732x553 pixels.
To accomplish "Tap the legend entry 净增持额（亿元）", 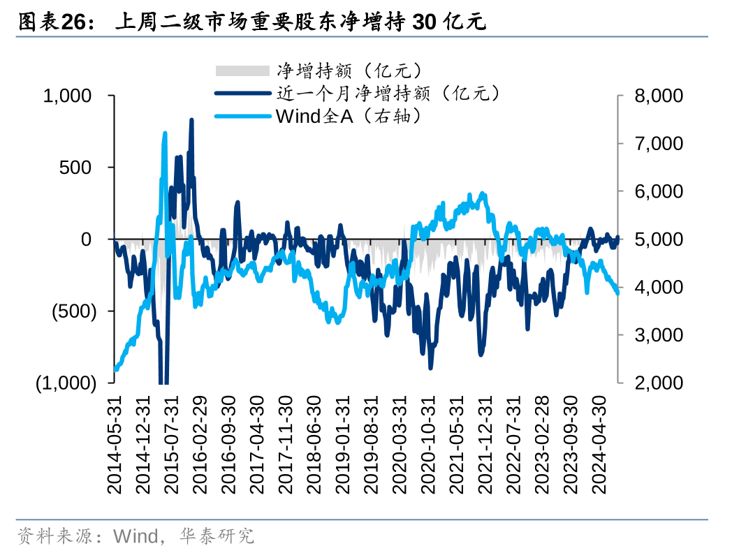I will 349,71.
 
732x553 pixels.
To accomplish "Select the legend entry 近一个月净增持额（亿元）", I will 387,93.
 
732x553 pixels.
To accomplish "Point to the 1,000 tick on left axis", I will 68,96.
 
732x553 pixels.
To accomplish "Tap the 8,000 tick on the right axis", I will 659,96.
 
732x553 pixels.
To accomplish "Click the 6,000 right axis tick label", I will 659,191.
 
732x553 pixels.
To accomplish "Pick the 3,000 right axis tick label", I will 659,335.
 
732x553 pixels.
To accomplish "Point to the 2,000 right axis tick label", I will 659,383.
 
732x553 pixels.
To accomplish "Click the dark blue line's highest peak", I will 191,120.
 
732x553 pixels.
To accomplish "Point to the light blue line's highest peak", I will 165,133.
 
